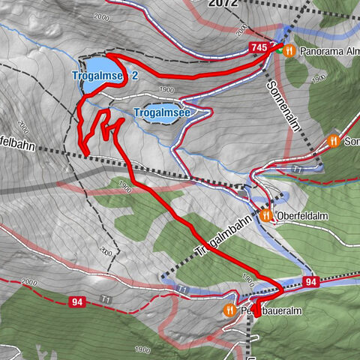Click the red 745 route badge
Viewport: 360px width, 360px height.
point(259,48)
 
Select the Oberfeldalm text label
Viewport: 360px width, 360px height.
point(300,216)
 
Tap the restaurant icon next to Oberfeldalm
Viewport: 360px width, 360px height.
point(266,216)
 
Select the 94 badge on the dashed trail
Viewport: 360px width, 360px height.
point(77,302)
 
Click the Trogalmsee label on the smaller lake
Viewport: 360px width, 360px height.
point(160,112)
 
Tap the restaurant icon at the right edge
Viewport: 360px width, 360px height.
point(334,140)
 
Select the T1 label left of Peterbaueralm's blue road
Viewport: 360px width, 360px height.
point(182,288)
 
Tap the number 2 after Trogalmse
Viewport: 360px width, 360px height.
point(134,76)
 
